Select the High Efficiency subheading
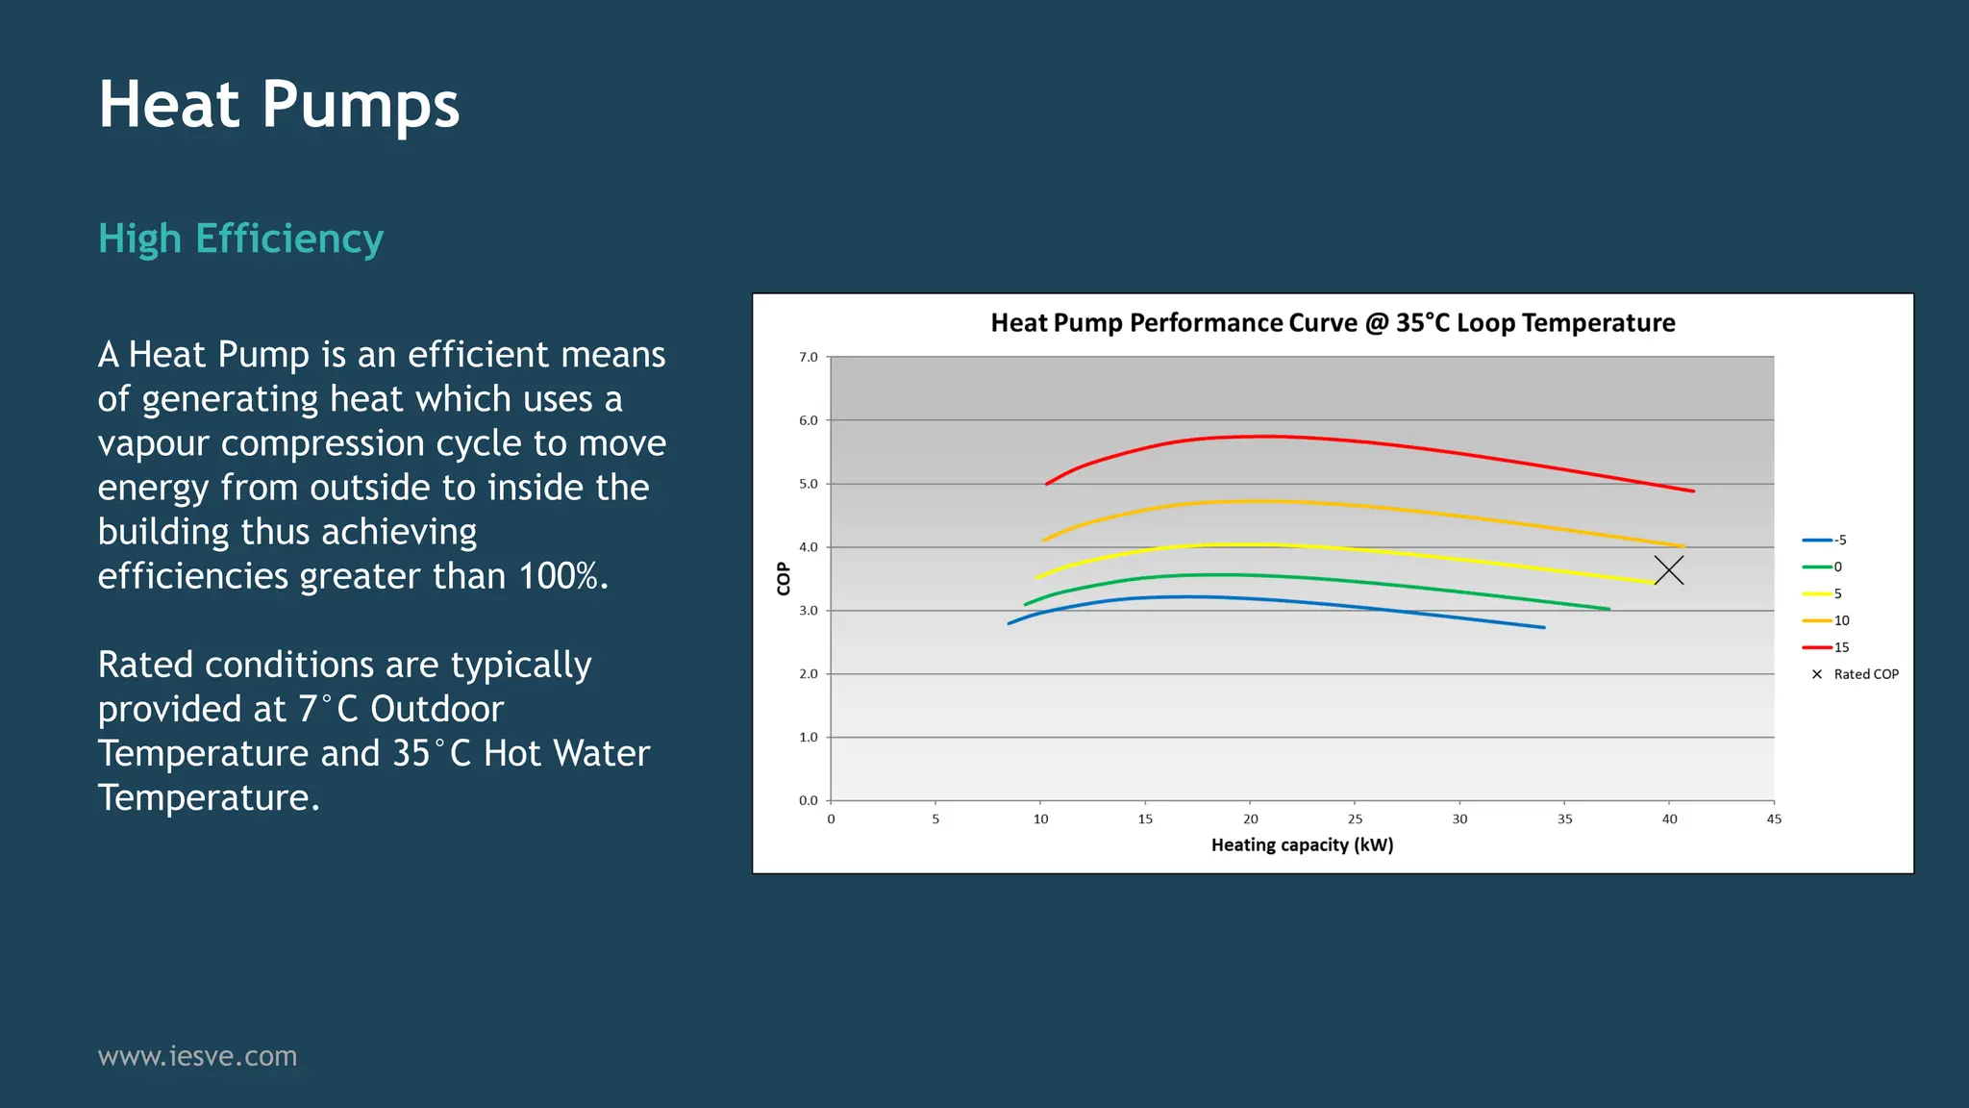pyautogui.click(x=240, y=239)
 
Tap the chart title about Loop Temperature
pyautogui.click(x=1333, y=323)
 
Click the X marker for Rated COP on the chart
pyautogui.click(x=1669, y=570)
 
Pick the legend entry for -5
pyautogui.click(x=1825, y=541)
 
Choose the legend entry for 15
pyautogui.click(x=1826, y=647)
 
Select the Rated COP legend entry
pyautogui.click(x=1856, y=674)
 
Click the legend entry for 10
pyautogui.click(x=1826, y=620)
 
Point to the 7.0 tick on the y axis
pyautogui.click(x=808, y=358)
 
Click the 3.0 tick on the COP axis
pyautogui.click(x=808, y=611)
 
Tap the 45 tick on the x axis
pyautogui.click(x=1774, y=819)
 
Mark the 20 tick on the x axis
pyautogui.click(x=1250, y=819)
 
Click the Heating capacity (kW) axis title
pyautogui.click(x=1302, y=845)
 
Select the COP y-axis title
pyautogui.click(x=784, y=579)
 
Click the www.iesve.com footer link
pyautogui.click(x=197, y=1056)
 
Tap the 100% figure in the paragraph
pyautogui.click(x=562, y=576)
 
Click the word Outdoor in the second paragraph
pyautogui.click(x=436, y=710)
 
